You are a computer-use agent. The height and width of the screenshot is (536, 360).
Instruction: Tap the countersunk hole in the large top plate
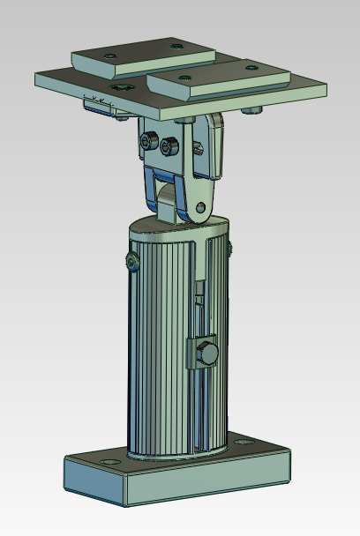pos(119,87)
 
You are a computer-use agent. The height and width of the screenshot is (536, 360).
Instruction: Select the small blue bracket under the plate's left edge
pos(98,106)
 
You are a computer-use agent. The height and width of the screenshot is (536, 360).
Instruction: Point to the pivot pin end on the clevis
pos(201,208)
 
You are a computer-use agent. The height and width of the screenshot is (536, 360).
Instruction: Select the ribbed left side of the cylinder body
pos(154,353)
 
